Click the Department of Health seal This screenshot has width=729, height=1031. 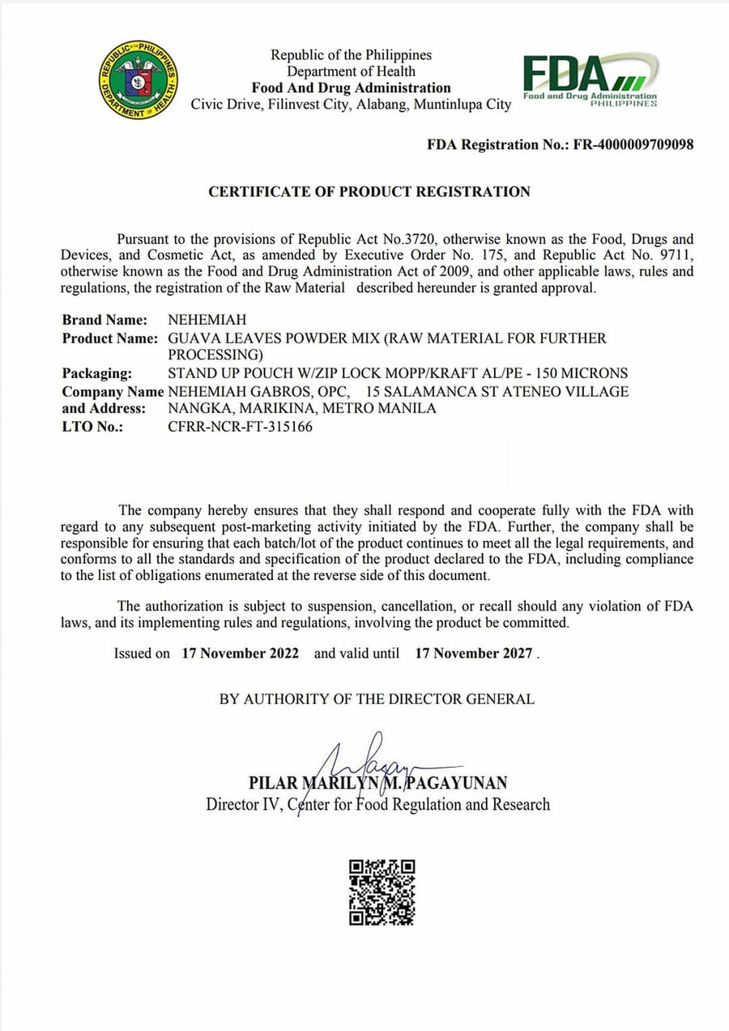[139, 81]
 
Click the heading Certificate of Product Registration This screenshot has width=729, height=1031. [369, 192]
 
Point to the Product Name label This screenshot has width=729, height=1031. [109, 338]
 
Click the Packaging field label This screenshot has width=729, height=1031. [97, 373]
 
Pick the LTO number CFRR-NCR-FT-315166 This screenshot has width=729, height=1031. [240, 427]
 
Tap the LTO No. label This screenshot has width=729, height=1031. [92, 427]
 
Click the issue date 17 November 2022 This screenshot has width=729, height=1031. [241, 653]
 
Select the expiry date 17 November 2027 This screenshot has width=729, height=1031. [474, 653]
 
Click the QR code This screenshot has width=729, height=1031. [382, 892]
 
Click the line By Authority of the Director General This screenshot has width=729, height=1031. [377, 699]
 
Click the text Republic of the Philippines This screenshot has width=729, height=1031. [351, 55]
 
